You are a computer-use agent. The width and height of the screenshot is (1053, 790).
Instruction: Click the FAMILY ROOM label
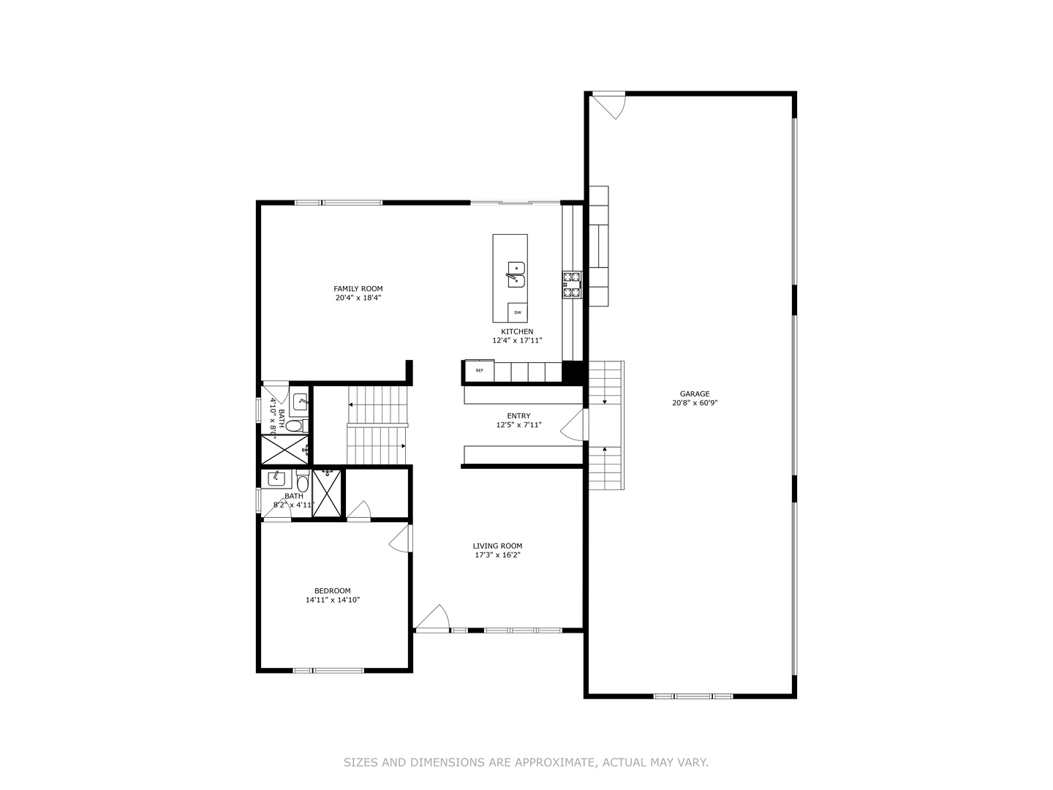coord(358,289)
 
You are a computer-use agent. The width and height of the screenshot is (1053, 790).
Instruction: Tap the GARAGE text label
coord(694,394)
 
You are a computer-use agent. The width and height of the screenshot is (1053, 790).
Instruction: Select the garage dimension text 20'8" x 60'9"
coord(694,403)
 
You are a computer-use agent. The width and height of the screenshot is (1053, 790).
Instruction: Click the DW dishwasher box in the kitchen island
coord(518,312)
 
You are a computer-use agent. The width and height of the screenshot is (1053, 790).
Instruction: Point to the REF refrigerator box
coord(480,371)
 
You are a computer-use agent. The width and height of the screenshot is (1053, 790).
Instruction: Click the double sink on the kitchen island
coord(516,274)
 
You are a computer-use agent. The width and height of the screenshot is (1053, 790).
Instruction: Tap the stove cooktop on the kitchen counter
coord(571,285)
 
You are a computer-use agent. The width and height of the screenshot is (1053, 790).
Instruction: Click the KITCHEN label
coord(517,331)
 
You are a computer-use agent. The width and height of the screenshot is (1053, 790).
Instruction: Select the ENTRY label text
coord(518,416)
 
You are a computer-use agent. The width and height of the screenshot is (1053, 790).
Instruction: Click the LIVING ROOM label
coord(497,546)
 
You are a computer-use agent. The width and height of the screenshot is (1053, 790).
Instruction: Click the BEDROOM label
coord(333,591)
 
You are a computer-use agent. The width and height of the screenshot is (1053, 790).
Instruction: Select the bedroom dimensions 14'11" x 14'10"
coord(333,600)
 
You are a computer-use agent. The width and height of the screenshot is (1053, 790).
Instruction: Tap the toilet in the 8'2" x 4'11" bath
coord(302,483)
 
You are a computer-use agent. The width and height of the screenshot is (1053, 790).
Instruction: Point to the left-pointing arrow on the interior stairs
coord(352,404)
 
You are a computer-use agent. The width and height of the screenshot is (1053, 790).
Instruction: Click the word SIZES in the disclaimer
coord(361,762)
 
